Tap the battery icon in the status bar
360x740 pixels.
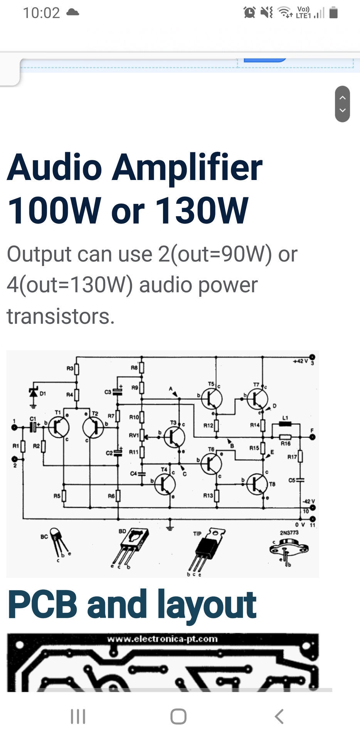[334, 13]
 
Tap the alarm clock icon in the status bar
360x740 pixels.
[249, 13]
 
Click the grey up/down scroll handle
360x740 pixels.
[342, 104]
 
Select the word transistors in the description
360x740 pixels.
[61, 316]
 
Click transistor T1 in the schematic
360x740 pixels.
[59, 427]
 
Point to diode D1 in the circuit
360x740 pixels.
[34, 393]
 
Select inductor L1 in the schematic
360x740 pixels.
[285, 424]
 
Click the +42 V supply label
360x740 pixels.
[300, 361]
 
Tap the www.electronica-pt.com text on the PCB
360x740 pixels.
[162, 639]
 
